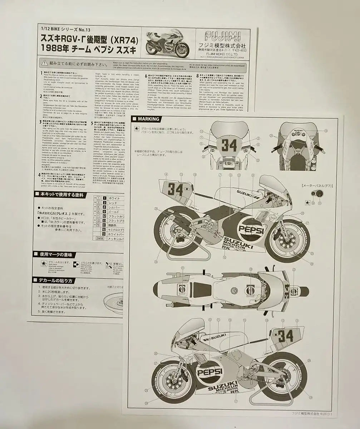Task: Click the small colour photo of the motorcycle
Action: coord(167,44)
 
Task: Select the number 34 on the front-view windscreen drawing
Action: coord(229,145)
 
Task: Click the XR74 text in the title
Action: coord(127,39)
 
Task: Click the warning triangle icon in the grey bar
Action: coord(43,63)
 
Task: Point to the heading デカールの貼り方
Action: coord(56,281)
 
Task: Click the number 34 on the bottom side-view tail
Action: coord(285,336)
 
